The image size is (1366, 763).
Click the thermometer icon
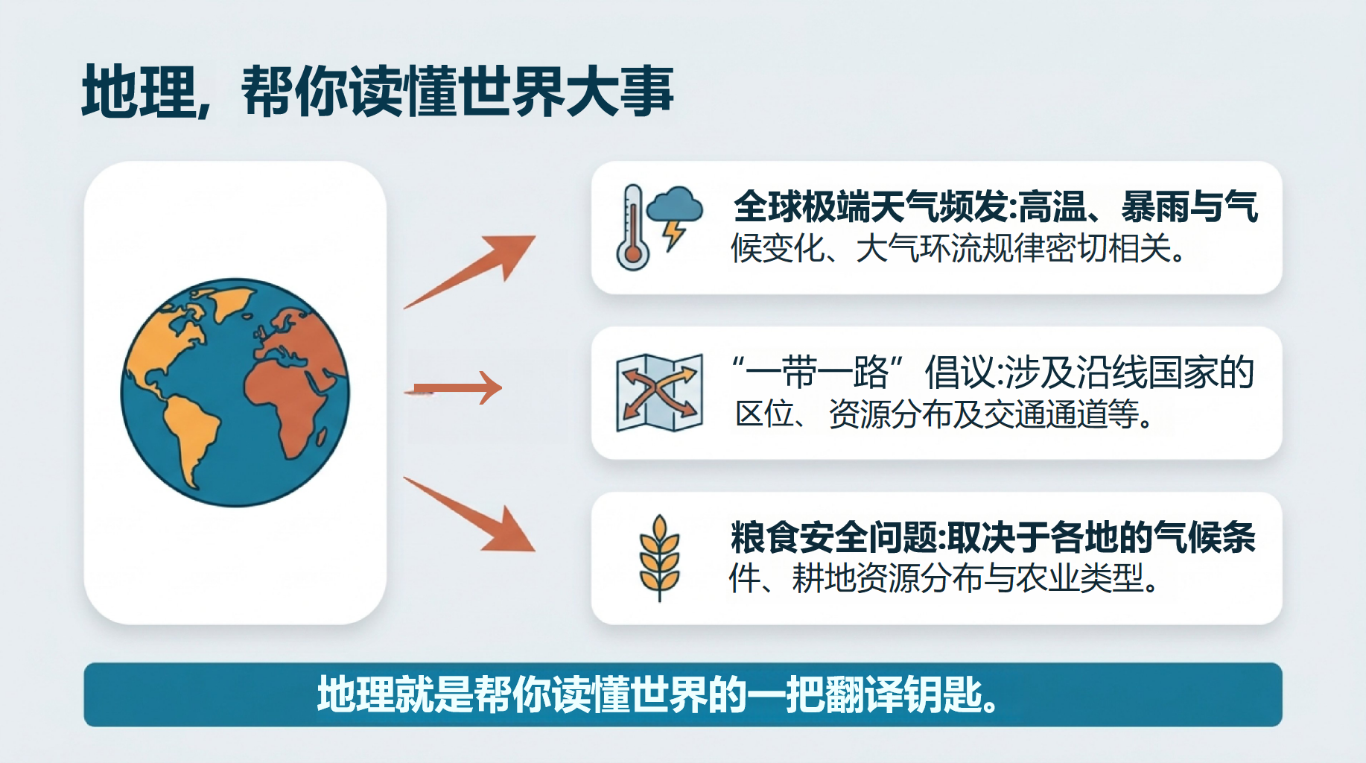[x=632, y=227]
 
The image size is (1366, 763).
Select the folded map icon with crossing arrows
[x=660, y=393]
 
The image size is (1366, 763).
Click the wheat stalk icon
[x=660, y=557]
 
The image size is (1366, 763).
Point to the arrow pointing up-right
[x=470, y=272]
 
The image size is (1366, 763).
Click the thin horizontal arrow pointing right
[x=454, y=388]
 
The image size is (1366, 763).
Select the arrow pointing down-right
[x=470, y=514]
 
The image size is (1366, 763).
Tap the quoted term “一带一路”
[x=818, y=372]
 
